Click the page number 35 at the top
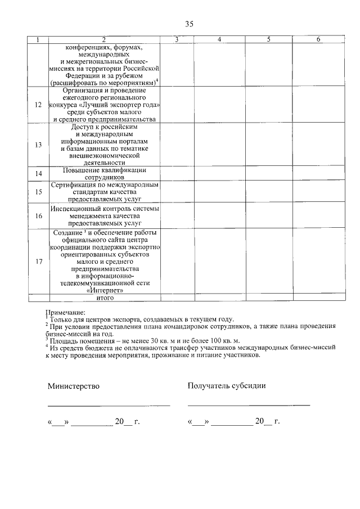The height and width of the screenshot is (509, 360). click(189, 24)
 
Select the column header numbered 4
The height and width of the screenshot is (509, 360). click(220, 39)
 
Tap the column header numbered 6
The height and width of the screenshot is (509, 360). click(318, 39)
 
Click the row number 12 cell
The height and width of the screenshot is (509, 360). click(38, 105)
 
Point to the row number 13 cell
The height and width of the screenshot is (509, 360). click(38, 145)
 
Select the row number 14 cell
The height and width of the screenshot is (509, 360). click(38, 174)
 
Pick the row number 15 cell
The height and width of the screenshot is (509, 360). click(38, 192)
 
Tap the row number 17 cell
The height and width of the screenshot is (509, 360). click(38, 261)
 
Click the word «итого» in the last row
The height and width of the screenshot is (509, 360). click(105, 298)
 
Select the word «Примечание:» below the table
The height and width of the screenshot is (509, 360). click(65, 312)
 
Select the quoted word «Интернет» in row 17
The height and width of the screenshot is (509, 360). click(105, 290)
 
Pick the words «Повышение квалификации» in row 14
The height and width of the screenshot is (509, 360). click(105, 170)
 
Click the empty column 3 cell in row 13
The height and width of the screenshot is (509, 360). click(177, 145)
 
